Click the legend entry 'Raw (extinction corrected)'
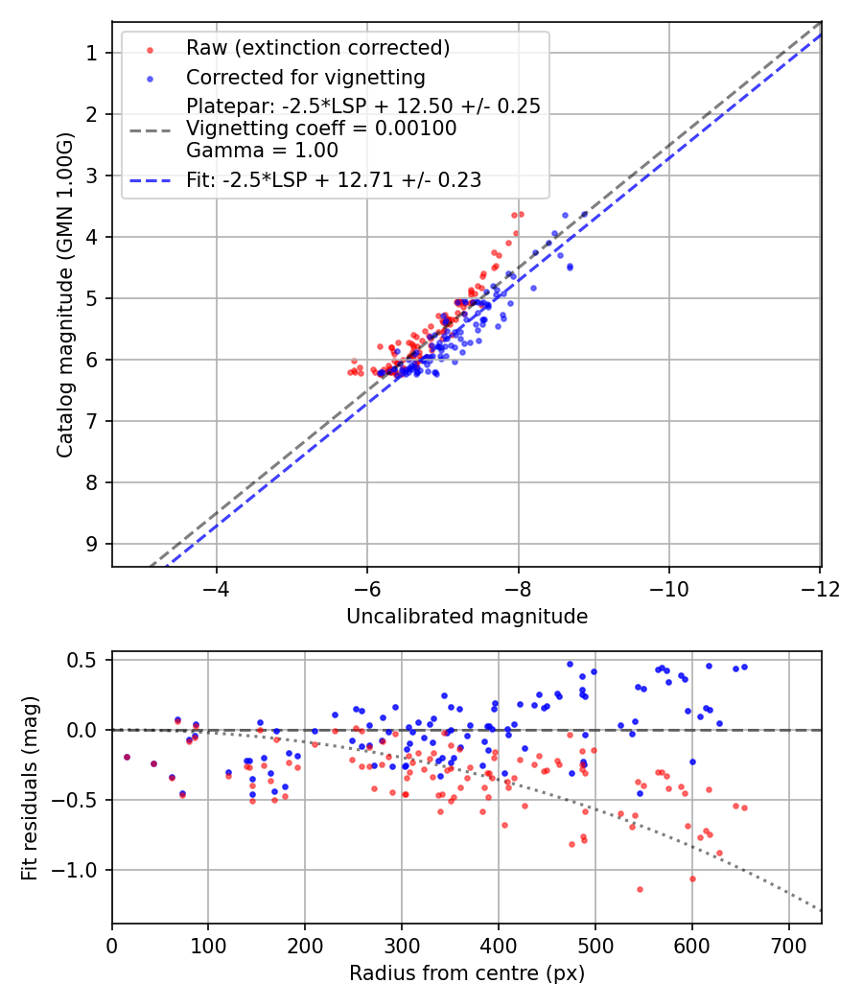click(x=317, y=48)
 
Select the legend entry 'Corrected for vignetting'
click(x=305, y=77)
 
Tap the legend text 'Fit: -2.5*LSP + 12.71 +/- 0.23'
click(x=334, y=179)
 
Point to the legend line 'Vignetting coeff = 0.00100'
click(x=321, y=128)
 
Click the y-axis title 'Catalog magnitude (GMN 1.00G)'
click(x=64, y=294)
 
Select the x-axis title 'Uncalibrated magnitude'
click(x=466, y=617)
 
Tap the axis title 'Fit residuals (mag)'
click(x=30, y=787)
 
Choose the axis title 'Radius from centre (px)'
click(x=466, y=973)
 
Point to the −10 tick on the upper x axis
click(x=669, y=587)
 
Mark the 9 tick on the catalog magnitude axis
click(x=92, y=544)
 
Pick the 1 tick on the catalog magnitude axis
click(x=92, y=53)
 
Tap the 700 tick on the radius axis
click(x=788, y=945)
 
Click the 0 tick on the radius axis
click(x=112, y=945)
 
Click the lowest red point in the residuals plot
click(x=640, y=889)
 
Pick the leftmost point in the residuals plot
click(x=127, y=757)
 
